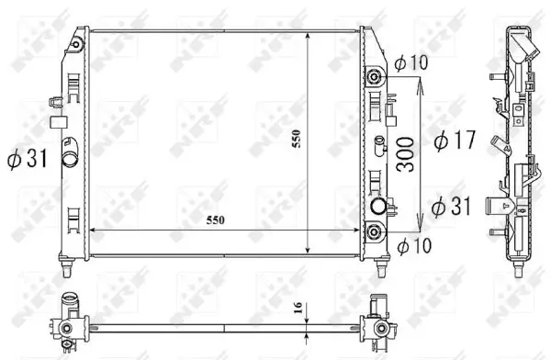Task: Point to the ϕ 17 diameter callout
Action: point(452,141)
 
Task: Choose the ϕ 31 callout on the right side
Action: point(450,205)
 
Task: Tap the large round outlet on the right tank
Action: point(377,206)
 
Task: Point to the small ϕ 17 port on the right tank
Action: point(377,142)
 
